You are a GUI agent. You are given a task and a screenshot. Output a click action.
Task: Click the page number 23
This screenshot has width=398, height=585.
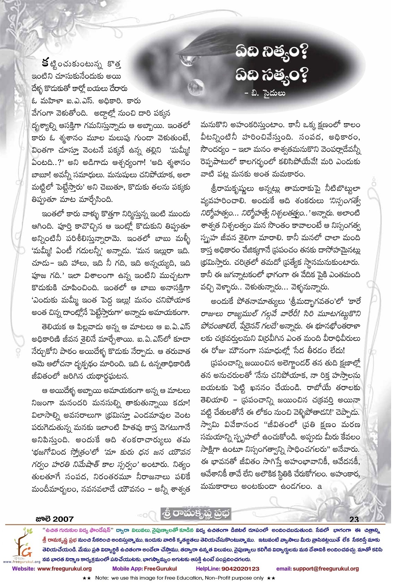click(354, 519)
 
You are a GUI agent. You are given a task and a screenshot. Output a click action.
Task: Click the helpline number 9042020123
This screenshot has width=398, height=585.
click(240, 569)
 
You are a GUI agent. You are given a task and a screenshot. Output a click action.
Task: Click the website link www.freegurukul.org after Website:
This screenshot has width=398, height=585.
click(64, 569)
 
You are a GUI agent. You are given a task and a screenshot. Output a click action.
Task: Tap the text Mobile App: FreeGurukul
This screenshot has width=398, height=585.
click(144, 569)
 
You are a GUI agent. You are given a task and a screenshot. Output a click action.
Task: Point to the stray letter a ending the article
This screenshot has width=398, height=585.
click(320, 487)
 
